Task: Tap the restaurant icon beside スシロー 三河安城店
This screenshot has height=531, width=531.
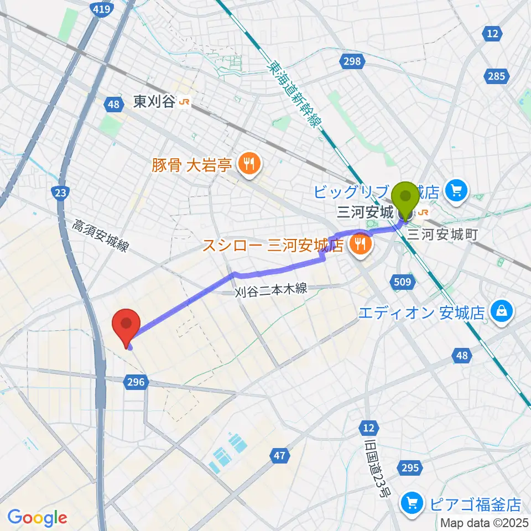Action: coord(361,243)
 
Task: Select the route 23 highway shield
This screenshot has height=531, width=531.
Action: coord(60,192)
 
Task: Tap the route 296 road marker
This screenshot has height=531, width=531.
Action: coord(137,381)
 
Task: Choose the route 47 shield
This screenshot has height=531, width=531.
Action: coord(280,455)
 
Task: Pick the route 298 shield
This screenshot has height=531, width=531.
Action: coord(353,61)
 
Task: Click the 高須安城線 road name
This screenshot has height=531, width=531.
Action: coord(101,236)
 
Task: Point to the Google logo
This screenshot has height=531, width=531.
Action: coord(37,517)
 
